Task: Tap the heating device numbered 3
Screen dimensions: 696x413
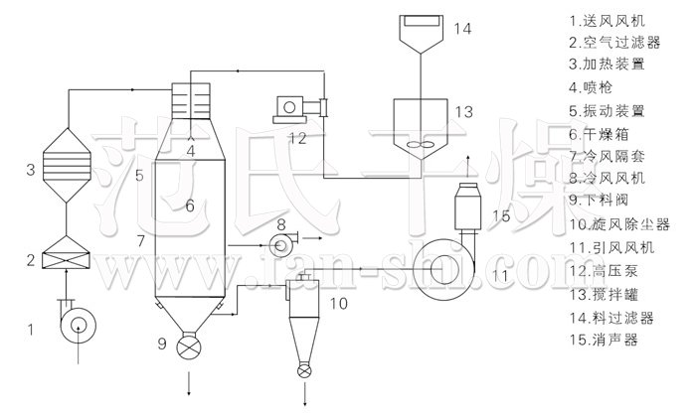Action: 67,165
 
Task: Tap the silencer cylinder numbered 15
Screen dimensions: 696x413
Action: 468,206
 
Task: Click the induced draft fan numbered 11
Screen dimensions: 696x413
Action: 443,269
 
